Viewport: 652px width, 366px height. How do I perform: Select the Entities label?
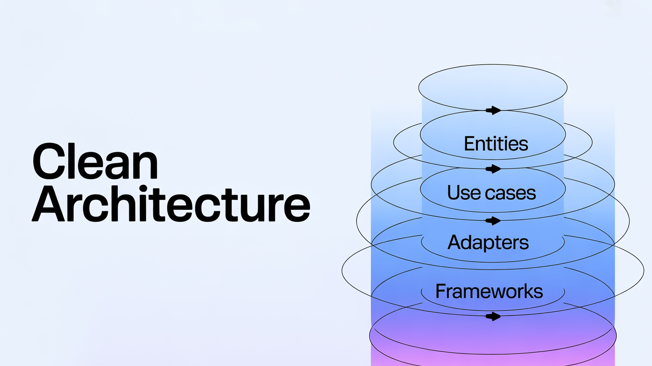495,144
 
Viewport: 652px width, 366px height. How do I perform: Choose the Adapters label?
488,242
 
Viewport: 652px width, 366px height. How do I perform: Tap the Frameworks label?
489,291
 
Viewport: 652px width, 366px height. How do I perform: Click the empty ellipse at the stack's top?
492,88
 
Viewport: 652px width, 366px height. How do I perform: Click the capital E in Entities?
469,144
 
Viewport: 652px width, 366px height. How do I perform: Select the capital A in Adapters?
455,242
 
